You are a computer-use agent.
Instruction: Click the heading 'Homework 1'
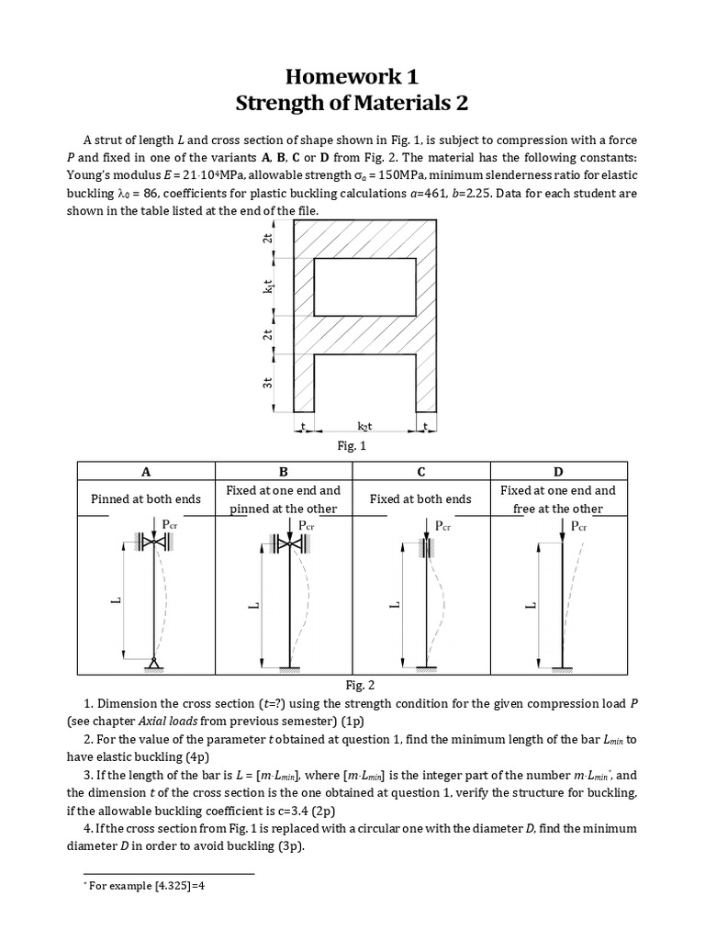click(x=352, y=76)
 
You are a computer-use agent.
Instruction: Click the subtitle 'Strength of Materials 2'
click(x=352, y=104)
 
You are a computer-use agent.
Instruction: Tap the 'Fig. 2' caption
click(x=352, y=685)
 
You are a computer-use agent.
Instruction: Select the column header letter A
click(x=145, y=472)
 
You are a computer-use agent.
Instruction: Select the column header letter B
click(x=283, y=472)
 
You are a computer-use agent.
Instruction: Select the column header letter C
click(x=421, y=472)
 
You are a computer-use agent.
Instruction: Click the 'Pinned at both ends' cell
click(x=145, y=499)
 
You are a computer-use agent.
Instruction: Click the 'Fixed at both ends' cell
click(x=420, y=499)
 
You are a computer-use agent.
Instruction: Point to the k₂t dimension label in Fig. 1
click(x=366, y=427)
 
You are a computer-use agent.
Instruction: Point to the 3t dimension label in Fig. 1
click(x=267, y=384)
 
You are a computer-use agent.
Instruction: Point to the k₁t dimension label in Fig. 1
click(x=267, y=287)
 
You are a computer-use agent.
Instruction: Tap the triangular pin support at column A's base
click(x=152, y=663)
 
